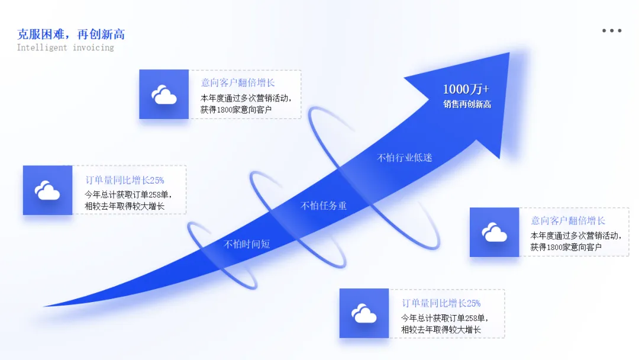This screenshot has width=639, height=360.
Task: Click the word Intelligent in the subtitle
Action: [42, 47]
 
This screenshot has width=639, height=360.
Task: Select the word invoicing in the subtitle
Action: [93, 47]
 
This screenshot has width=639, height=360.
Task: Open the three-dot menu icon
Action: [612, 31]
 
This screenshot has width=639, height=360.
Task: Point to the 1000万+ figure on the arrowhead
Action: [466, 89]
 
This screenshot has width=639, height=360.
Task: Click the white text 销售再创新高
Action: [467, 104]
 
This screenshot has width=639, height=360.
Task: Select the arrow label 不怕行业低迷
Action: [405, 157]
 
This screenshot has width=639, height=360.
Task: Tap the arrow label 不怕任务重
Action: [324, 205]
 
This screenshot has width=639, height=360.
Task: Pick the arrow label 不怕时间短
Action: [247, 244]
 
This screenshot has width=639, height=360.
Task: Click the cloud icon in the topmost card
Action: [164, 95]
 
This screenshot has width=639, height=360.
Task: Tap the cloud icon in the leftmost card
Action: [47, 190]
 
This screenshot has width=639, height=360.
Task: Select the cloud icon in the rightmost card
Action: [495, 232]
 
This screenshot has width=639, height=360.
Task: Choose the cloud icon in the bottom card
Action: [364, 313]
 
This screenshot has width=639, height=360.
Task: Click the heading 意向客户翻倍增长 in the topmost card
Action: [238, 83]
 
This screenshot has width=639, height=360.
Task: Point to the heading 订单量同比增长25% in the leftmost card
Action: [125, 180]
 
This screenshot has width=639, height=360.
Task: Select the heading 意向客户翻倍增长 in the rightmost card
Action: [568, 221]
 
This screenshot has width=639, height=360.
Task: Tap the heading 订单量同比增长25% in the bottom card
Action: [441, 303]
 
